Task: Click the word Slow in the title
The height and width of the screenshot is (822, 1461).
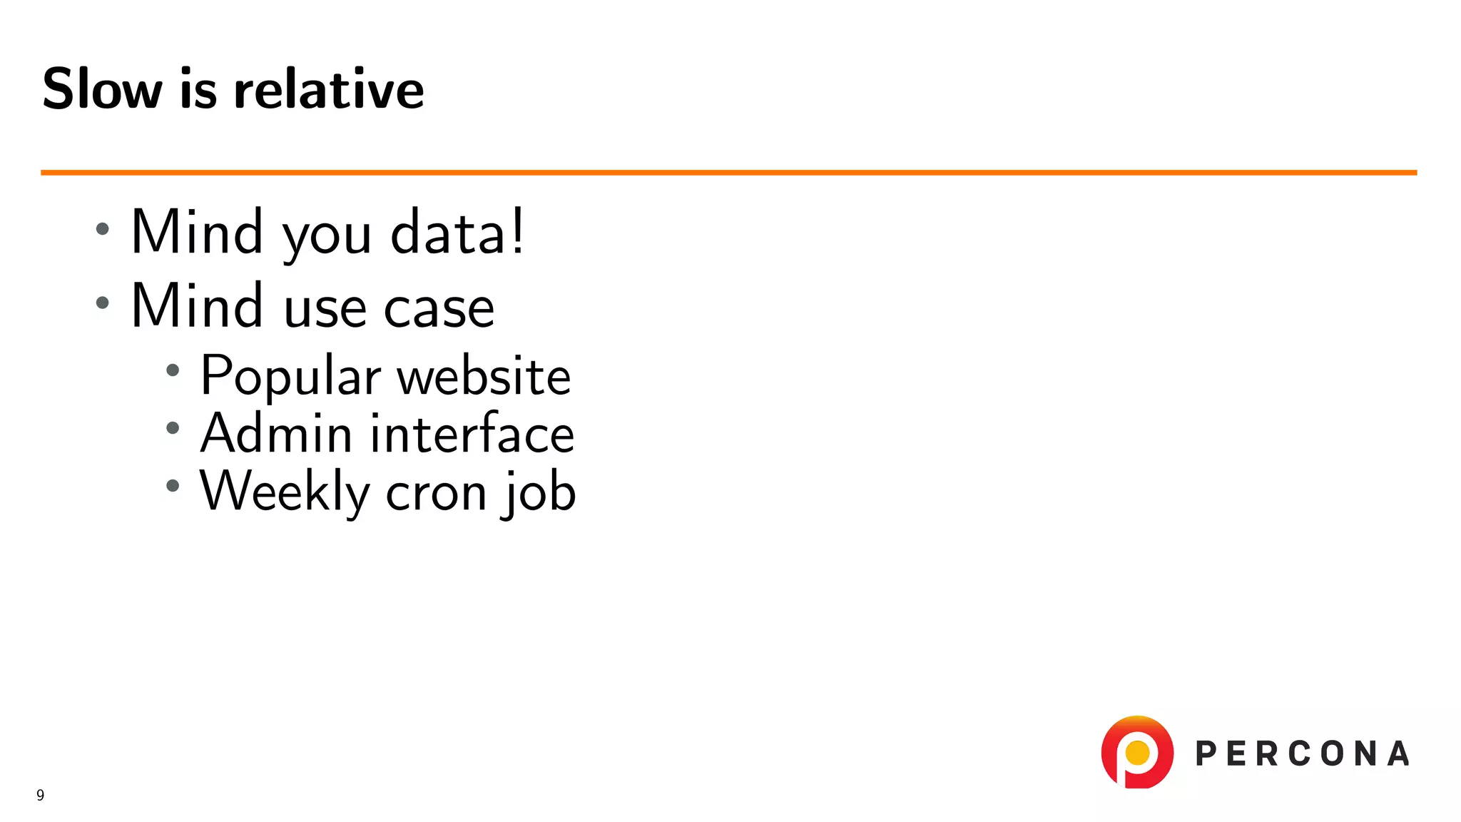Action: (102, 89)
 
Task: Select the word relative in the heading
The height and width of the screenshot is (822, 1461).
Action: (329, 89)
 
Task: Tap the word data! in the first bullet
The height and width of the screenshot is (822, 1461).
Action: (457, 232)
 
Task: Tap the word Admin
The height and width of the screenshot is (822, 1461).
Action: (276, 433)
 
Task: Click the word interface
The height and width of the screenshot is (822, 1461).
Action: (472, 433)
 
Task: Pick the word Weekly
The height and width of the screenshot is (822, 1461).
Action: (285, 492)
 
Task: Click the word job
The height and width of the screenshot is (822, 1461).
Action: (539, 492)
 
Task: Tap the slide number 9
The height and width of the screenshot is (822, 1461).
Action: (41, 795)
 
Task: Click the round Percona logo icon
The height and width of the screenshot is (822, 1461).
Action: (1137, 752)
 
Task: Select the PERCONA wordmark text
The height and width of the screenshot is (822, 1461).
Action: (1302, 753)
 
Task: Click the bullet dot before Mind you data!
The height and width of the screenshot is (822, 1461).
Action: (103, 229)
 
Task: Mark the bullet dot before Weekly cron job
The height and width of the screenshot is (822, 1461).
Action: (173, 486)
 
